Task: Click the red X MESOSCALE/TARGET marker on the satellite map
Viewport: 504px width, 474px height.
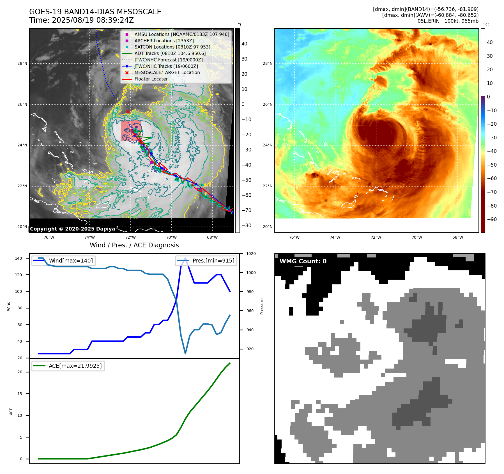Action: (x=128, y=112)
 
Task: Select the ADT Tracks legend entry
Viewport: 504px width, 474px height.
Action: (x=170, y=53)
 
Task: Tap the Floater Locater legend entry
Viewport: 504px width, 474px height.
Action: (x=151, y=79)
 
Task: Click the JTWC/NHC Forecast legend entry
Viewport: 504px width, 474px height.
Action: (x=168, y=60)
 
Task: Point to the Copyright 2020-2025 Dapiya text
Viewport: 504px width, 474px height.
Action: (x=72, y=229)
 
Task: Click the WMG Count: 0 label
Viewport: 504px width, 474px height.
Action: (x=303, y=261)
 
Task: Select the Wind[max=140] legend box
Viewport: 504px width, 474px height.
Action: (x=63, y=261)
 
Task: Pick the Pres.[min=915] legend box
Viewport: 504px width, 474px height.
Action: (x=206, y=261)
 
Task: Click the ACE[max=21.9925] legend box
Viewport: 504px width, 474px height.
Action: (x=68, y=366)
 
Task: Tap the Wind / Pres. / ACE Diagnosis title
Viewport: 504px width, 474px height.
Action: (x=134, y=245)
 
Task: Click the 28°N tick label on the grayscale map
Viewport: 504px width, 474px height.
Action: (x=22, y=64)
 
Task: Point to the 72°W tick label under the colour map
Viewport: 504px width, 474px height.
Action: (x=376, y=237)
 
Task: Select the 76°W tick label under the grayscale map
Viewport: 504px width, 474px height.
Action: (x=49, y=237)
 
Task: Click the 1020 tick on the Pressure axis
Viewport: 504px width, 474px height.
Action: (x=251, y=254)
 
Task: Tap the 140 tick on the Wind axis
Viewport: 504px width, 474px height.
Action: (x=19, y=258)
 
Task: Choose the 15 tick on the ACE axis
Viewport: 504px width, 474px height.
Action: (x=20, y=394)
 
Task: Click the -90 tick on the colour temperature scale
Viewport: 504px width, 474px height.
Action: (x=492, y=219)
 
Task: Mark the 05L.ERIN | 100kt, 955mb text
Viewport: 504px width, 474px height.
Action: (x=448, y=21)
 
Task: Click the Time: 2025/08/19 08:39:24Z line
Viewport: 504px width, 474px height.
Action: (x=82, y=20)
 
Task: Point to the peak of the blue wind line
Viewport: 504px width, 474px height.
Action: (x=185, y=258)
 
